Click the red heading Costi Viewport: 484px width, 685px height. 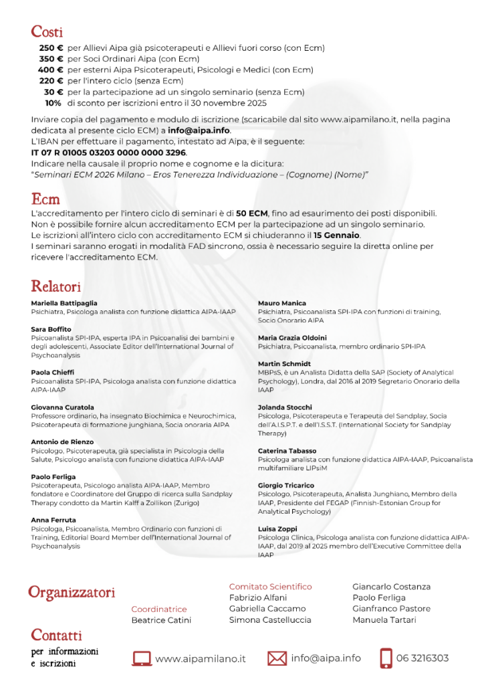[47, 31]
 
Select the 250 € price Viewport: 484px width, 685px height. [51, 48]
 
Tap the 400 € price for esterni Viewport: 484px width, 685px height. [50, 70]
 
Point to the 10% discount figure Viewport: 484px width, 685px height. [53, 103]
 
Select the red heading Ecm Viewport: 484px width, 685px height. [45, 199]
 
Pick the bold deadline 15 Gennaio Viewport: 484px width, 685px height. [337, 235]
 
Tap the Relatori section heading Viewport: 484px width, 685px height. [55, 286]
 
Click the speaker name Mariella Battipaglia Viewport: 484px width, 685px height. [64, 303]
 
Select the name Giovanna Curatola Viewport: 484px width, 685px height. [62, 407]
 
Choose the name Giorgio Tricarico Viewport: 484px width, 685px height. [286, 486]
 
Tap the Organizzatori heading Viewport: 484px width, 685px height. [72, 592]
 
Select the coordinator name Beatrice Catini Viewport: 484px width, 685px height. [161, 620]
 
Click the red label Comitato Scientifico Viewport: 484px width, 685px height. [270, 587]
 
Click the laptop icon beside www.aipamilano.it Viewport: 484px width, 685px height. [142, 659]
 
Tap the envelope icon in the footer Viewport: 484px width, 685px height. [277, 659]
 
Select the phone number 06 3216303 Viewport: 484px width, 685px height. [422, 658]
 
